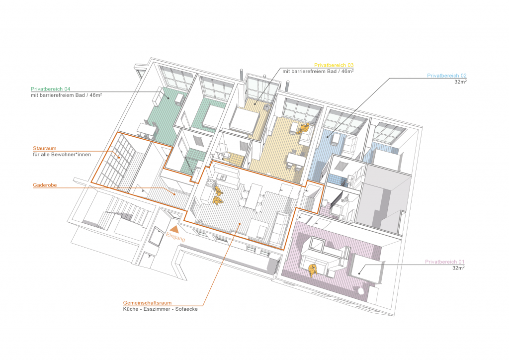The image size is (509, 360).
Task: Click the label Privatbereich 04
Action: [x=50, y=89]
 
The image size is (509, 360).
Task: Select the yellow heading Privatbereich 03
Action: [x=334, y=65]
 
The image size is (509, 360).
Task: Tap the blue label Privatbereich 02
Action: [x=447, y=76]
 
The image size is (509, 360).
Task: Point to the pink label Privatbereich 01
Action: [x=445, y=262]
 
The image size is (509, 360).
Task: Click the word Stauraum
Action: [x=44, y=148]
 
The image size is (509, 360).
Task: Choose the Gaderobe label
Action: [x=45, y=185]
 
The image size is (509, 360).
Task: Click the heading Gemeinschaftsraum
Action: [x=147, y=303]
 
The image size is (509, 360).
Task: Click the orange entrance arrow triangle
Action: [x=174, y=229]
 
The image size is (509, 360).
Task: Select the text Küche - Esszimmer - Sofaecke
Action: [x=161, y=309]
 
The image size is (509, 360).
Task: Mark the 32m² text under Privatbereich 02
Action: [x=460, y=82]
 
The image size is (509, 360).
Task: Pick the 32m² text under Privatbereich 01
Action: [x=458, y=268]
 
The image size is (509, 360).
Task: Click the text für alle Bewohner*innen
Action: [x=62, y=155]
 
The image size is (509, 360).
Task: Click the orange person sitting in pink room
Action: [x=312, y=270]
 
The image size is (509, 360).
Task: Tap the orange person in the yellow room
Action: [x=303, y=129]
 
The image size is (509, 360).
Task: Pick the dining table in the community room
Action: [x=253, y=196]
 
